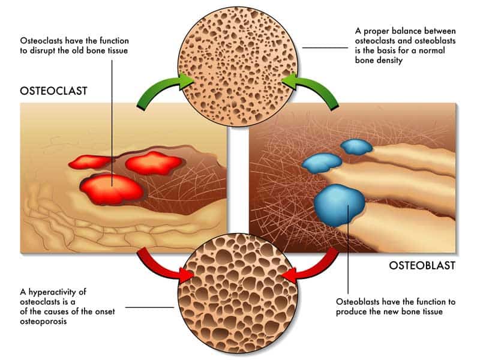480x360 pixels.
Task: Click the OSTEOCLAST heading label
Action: [53, 91]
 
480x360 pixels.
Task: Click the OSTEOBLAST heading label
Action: [422, 266]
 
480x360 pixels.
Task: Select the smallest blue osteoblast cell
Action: [356, 146]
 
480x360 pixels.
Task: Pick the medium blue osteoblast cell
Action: [322, 163]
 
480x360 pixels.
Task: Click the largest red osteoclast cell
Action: [112, 190]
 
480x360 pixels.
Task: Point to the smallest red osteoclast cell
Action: [91, 162]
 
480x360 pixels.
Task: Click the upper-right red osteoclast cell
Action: [154, 163]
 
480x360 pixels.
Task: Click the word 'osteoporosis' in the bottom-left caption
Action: [43, 322]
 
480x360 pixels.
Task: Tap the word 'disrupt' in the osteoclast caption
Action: [43, 50]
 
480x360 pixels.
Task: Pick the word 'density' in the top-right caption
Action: [391, 61]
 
